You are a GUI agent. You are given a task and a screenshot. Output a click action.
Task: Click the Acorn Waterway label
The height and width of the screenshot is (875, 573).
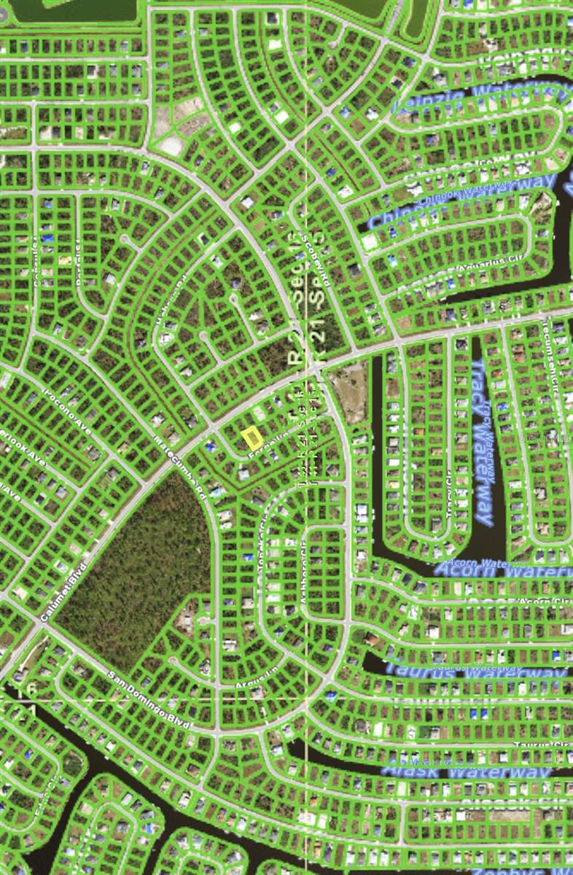[503, 568]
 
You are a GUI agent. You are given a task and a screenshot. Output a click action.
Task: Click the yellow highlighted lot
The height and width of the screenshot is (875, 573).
[252, 437]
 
